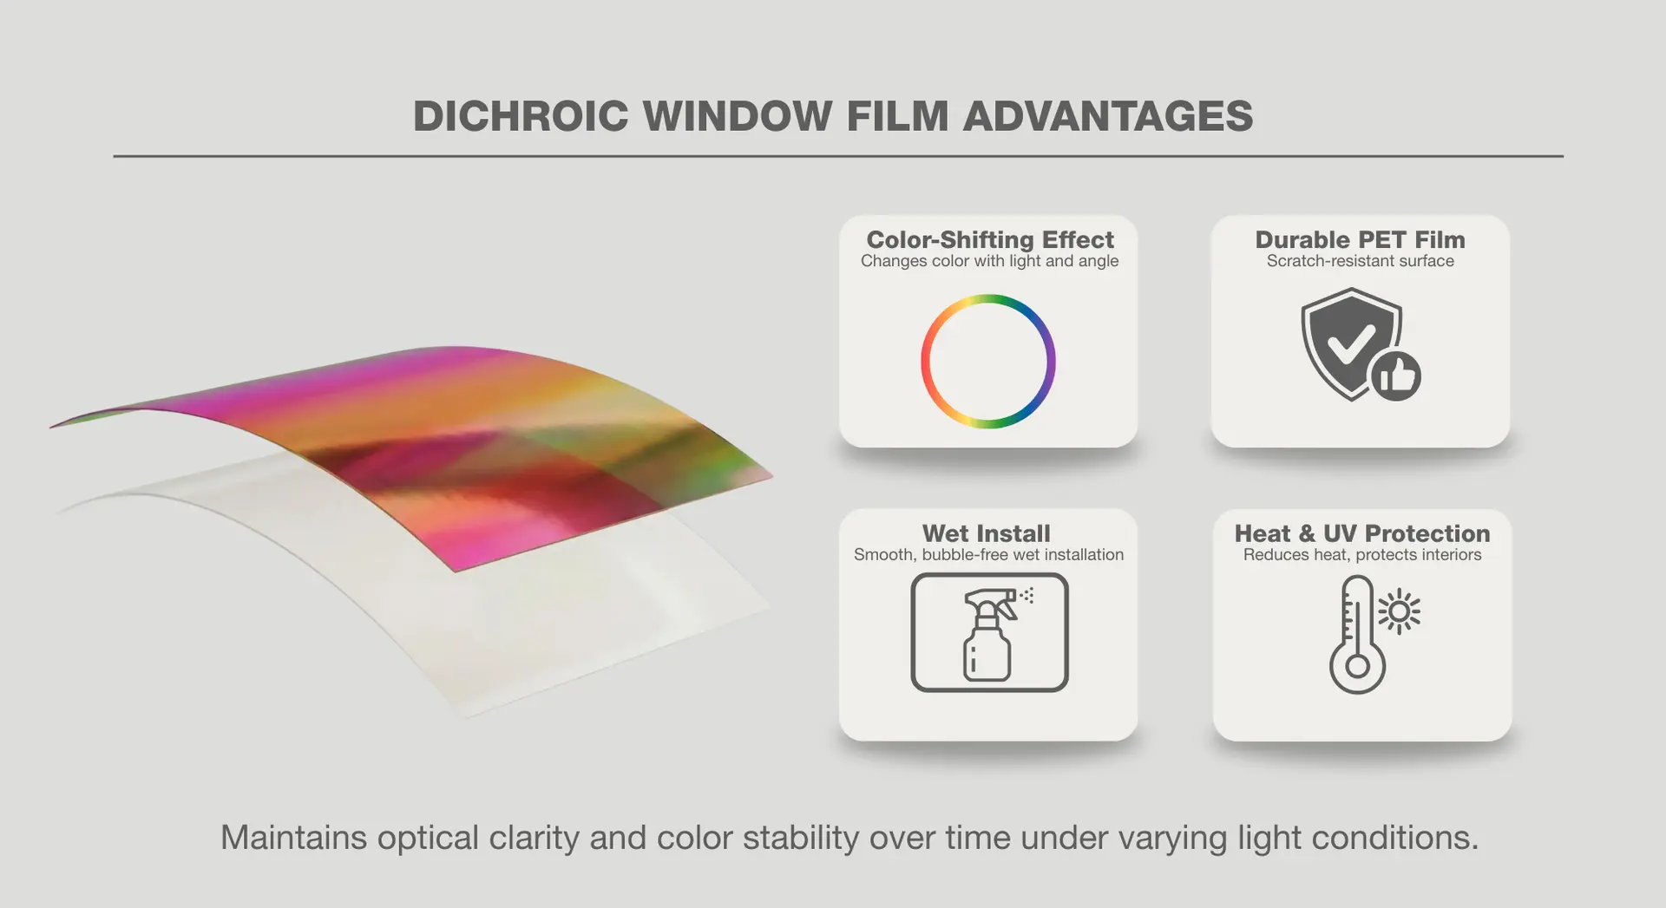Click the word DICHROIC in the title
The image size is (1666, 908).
(x=521, y=116)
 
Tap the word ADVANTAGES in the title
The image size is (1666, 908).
(x=1108, y=116)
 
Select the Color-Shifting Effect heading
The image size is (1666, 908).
(x=990, y=239)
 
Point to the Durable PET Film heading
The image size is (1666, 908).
(x=1360, y=239)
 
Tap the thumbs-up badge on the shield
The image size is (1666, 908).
(x=1396, y=376)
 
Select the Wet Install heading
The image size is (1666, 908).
(x=987, y=533)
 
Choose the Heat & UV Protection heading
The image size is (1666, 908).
(x=1362, y=533)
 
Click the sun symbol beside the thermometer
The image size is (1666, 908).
(x=1400, y=612)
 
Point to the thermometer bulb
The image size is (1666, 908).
(x=1358, y=667)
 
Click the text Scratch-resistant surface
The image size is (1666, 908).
(x=1360, y=261)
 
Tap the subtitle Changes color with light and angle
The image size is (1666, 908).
(x=989, y=261)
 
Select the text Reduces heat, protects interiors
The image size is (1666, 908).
(x=1362, y=555)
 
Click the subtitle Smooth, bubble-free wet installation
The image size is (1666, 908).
(x=988, y=555)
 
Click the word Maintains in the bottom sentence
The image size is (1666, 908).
(x=294, y=838)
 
